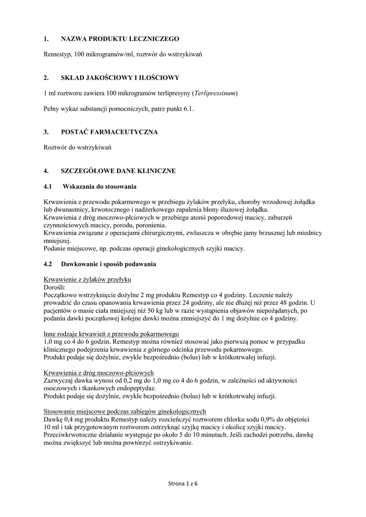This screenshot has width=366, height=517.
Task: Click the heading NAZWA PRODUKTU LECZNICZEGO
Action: [x=120, y=39]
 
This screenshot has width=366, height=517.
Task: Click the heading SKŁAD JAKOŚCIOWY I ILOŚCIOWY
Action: [x=120, y=78]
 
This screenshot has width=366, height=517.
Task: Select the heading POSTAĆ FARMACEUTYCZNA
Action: [x=109, y=132]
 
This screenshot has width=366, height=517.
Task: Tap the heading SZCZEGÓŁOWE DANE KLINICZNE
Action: [x=118, y=171]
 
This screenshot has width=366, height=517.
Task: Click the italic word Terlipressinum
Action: [x=214, y=93]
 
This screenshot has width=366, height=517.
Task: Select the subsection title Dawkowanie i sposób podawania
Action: [x=109, y=264]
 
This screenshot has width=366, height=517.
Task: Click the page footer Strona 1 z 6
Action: [x=183, y=484]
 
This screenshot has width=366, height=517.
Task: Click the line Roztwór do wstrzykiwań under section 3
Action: [x=77, y=147]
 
